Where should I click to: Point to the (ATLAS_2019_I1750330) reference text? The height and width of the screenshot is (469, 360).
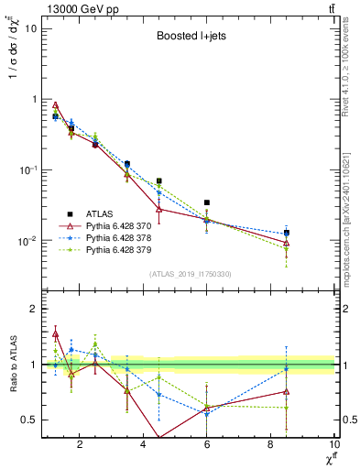point(190,273)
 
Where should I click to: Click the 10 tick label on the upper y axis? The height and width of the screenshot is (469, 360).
point(30,27)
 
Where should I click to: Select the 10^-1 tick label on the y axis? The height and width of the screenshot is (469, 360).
point(27,170)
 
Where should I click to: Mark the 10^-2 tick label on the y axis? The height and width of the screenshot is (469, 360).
point(27,242)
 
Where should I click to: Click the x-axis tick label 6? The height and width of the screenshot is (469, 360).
point(208,446)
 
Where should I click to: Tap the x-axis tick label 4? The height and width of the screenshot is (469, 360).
point(144,446)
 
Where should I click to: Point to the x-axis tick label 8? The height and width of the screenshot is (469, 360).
point(271,446)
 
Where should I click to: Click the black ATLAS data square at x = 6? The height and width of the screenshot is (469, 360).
point(207,202)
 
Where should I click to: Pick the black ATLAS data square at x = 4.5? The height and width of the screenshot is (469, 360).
point(159,181)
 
